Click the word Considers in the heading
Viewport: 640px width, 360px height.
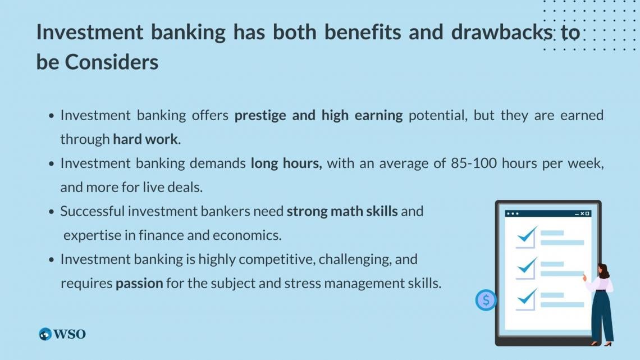point(112,62)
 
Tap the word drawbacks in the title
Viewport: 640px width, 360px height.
point(502,33)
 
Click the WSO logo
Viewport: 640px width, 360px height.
point(62,334)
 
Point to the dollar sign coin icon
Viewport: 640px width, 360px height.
point(486,300)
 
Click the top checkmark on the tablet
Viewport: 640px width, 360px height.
point(527,235)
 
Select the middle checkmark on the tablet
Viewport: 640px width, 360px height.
point(527,266)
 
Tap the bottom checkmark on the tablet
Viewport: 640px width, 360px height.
point(527,297)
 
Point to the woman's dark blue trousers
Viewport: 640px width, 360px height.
point(601,315)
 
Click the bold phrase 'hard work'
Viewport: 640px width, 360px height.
point(145,139)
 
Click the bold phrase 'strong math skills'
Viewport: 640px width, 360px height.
point(342,212)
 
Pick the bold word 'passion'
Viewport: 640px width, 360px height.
point(139,284)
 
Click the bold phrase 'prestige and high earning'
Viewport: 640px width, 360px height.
point(318,115)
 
